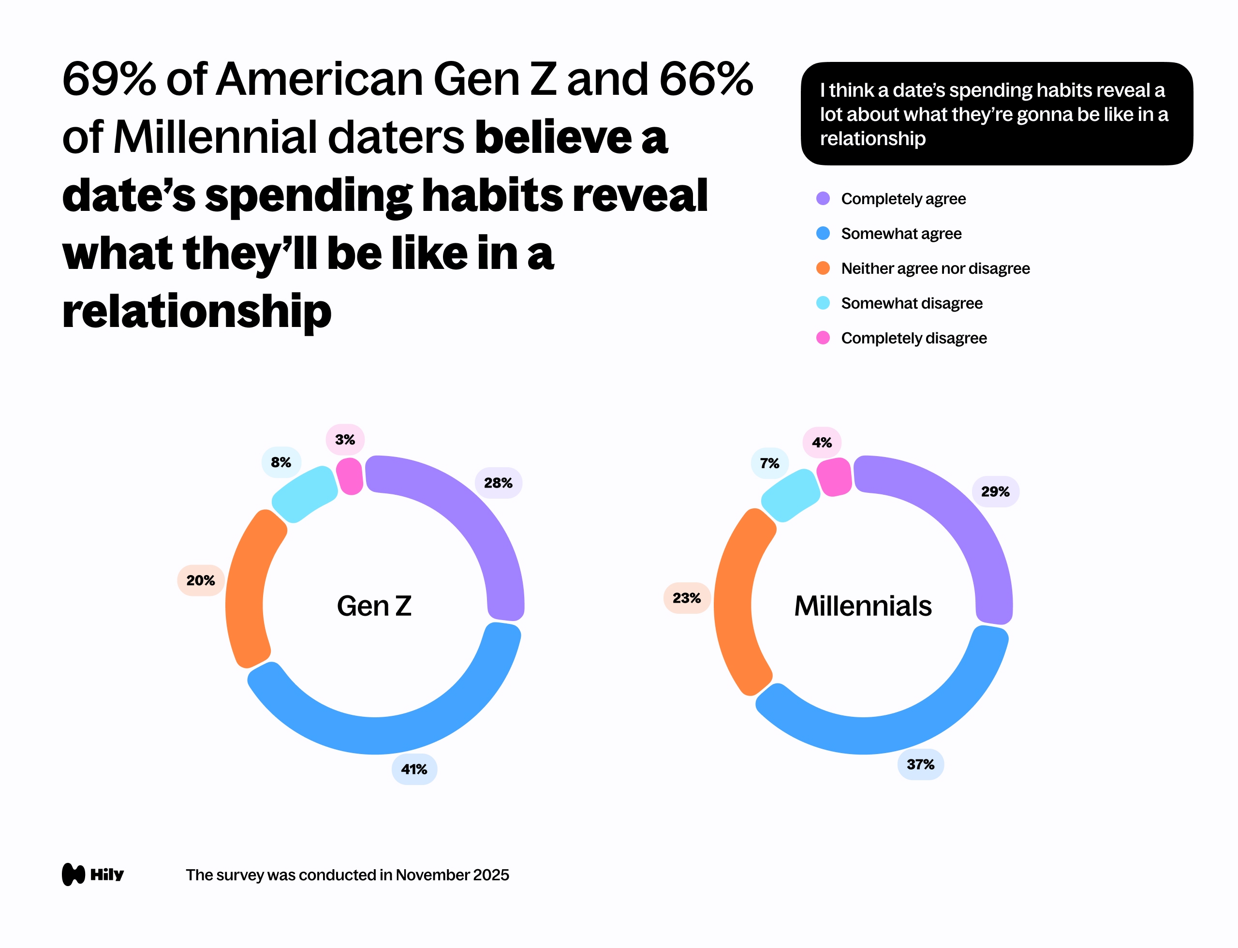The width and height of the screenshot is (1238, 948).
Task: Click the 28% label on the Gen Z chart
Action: pyautogui.click(x=498, y=483)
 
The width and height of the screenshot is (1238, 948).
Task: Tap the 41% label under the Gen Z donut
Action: pyautogui.click(x=414, y=769)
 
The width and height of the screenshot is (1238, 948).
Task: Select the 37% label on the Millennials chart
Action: pyautogui.click(x=920, y=765)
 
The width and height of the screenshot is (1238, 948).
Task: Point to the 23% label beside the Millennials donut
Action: pyautogui.click(x=687, y=598)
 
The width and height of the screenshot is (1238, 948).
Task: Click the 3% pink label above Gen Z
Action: pyautogui.click(x=345, y=440)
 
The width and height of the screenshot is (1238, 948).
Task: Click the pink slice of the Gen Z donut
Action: pyautogui.click(x=350, y=476)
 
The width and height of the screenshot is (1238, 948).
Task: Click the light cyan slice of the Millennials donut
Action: pyautogui.click(x=790, y=495)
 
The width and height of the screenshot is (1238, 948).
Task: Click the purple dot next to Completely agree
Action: pyautogui.click(x=823, y=199)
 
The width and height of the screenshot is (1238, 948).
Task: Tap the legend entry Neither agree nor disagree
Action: pyautogui.click(x=935, y=268)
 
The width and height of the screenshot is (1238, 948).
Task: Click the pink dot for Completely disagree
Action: pyautogui.click(x=823, y=338)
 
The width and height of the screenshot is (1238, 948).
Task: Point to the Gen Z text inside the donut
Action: pyautogui.click(x=374, y=606)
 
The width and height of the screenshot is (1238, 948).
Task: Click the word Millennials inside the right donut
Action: pyautogui.click(x=863, y=606)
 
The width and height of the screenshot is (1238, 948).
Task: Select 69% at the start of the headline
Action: pyautogui.click(x=108, y=79)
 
